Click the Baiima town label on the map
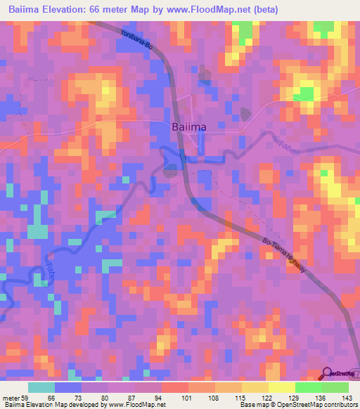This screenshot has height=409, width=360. pyautogui.click(x=188, y=127)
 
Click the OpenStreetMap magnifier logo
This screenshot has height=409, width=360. pyautogui.click(x=328, y=374)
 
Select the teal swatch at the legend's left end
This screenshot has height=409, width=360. pyautogui.click(x=41, y=387)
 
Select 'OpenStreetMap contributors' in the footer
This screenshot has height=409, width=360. pyautogui.click(x=323, y=405)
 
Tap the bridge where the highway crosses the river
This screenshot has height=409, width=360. pyautogui.click(x=183, y=159)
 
